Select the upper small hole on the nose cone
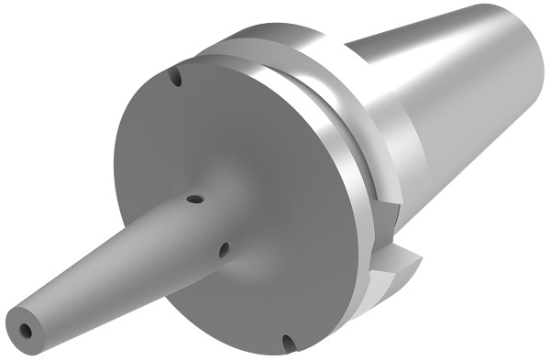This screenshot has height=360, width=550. tap(193, 198)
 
